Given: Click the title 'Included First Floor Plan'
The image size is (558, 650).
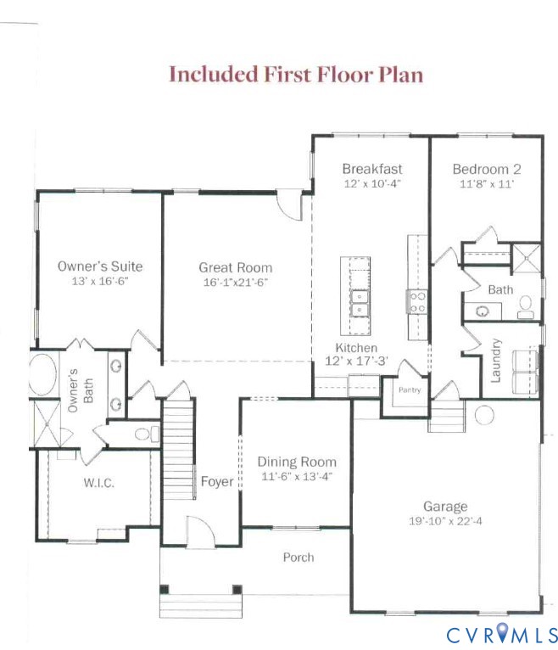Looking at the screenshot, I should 295,74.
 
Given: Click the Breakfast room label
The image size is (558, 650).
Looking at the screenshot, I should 371,169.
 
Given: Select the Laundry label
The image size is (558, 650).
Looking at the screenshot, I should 497,360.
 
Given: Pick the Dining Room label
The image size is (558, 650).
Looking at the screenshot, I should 297,462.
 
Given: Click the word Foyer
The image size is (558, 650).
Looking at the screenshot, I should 216,482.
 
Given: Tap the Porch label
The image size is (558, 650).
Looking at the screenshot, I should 298,558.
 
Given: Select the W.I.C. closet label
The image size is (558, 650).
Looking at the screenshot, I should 98,483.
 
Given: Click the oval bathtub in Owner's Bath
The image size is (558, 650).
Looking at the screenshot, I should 40,376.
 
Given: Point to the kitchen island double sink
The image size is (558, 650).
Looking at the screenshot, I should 360,301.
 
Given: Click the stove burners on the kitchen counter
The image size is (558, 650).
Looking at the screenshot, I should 417,301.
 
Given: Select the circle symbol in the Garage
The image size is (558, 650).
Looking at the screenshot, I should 484,415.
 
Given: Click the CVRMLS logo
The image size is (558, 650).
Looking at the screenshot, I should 502,633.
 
